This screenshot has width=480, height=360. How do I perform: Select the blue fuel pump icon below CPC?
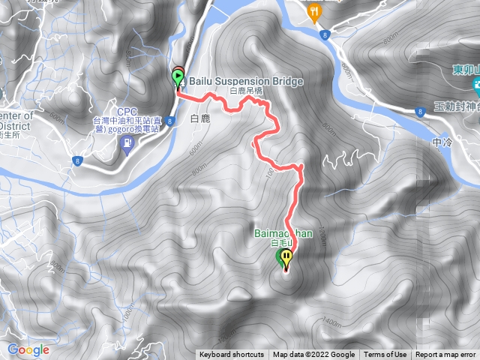coord(127,140)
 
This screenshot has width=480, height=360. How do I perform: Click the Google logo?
coord(28,349)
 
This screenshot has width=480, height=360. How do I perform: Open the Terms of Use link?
coord(385,355)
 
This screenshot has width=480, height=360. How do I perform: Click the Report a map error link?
coord(447,355)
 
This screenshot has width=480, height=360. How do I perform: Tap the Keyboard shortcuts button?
coord(232,355)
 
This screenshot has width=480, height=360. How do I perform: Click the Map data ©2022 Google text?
coord(313,355)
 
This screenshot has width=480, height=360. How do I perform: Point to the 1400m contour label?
coord(331,322)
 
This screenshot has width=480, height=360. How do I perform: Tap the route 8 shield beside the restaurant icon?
coord(322,34)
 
